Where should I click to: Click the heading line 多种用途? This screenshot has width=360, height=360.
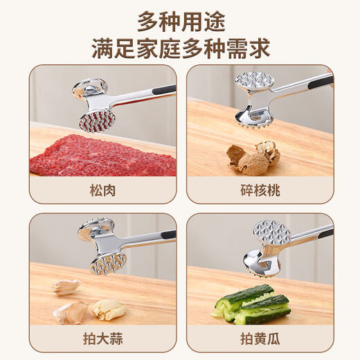point(180,21)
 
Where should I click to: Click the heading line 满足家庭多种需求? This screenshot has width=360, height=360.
point(180,49)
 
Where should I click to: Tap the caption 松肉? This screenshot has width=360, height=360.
point(102,190)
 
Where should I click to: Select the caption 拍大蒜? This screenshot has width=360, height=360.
point(102,339)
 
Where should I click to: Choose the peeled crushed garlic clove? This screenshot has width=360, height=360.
point(109,309)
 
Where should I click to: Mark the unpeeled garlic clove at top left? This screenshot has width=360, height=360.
point(65,286)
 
